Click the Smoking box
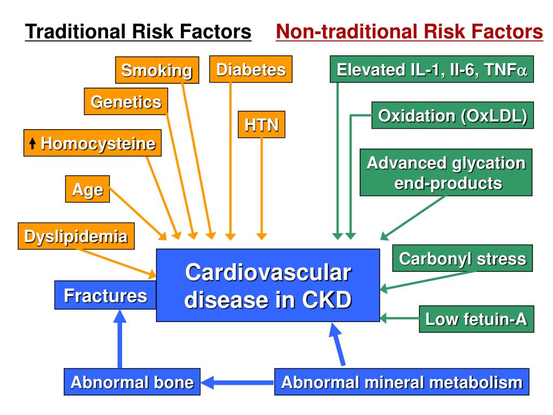157,70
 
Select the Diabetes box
251,69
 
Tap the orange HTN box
261,125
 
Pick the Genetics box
126,102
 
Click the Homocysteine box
92,143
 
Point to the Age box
87,190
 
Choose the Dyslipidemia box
76,236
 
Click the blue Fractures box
105,295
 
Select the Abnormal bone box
132,383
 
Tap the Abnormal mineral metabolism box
402,383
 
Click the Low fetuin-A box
476,319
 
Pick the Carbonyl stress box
462,258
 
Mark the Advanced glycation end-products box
446,173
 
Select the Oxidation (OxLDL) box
453,116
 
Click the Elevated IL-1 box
431,70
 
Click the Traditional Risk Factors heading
138,32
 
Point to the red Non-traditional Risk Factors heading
409,32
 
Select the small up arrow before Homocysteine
32,144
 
